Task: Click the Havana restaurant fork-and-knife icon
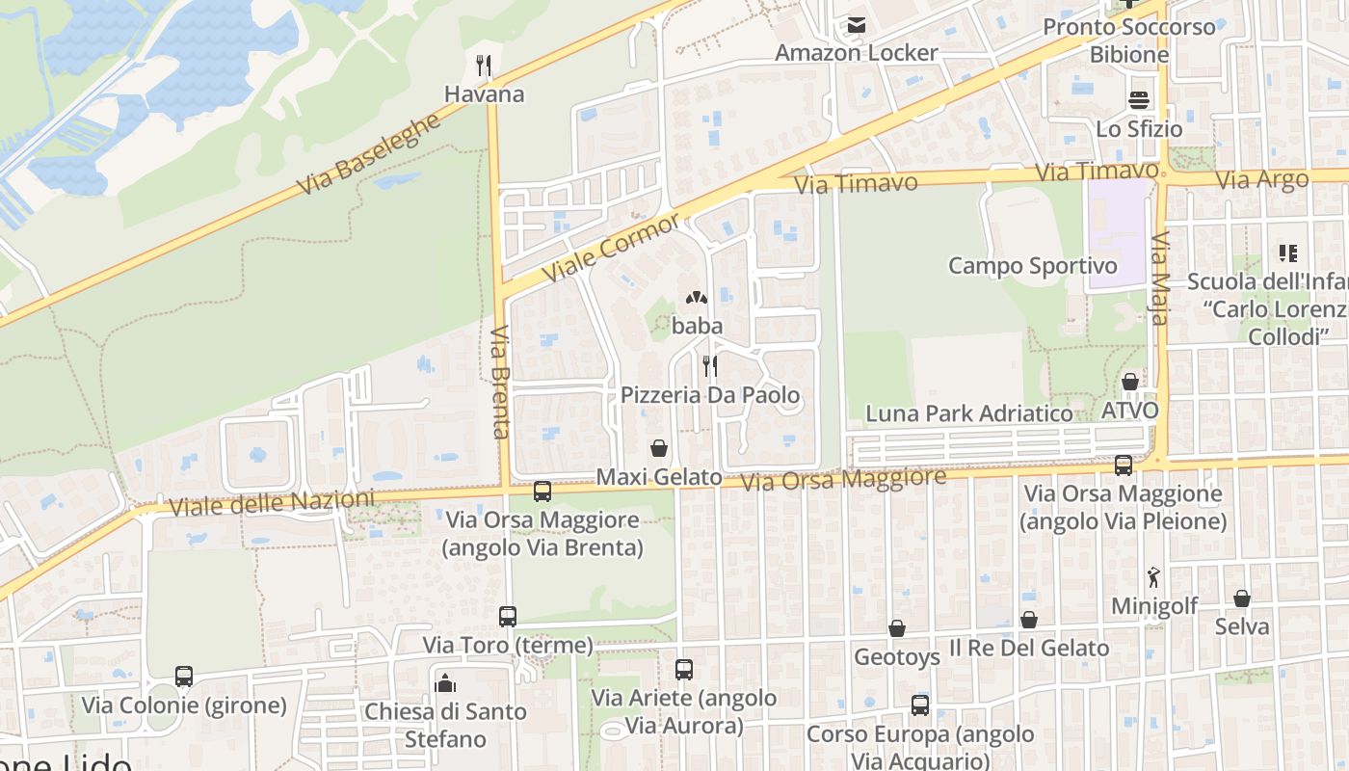(x=484, y=66)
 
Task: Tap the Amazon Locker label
(x=856, y=52)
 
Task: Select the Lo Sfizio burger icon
(x=1139, y=100)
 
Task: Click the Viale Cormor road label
(x=611, y=247)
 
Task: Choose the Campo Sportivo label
(x=1033, y=265)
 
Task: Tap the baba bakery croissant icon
(x=697, y=298)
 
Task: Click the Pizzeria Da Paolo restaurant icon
(x=710, y=366)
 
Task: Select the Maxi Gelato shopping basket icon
(x=659, y=448)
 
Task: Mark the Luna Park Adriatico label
(x=969, y=413)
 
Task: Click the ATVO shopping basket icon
(x=1130, y=382)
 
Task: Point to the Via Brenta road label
(x=500, y=382)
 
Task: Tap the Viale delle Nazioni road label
(x=272, y=502)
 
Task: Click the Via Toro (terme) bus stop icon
(x=507, y=617)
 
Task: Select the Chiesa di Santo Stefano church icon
(x=445, y=683)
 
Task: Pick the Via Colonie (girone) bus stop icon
(x=184, y=677)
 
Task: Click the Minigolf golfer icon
(x=1153, y=578)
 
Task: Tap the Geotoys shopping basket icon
(x=896, y=628)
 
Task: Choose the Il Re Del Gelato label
(x=1029, y=648)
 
